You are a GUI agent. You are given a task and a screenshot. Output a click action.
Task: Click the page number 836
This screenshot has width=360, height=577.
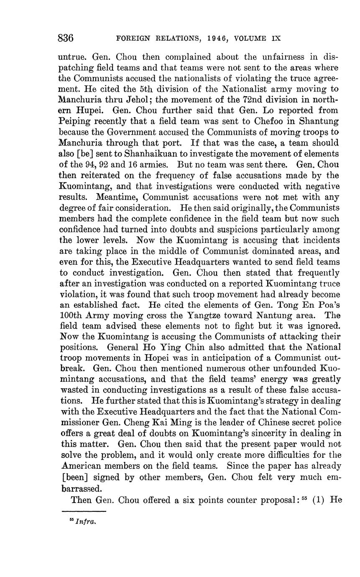tap(66, 38)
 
